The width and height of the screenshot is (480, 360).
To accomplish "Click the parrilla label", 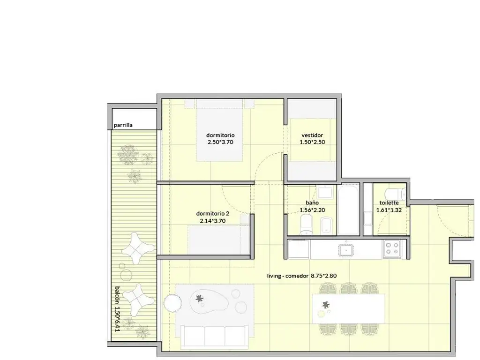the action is [x=123, y=125].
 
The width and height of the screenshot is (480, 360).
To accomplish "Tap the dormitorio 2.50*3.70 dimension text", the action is [x=220, y=142].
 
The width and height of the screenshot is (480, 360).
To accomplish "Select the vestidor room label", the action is [x=312, y=135].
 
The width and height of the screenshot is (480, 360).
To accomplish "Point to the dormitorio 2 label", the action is [x=212, y=214].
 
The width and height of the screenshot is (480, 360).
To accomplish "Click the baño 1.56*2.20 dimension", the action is [x=312, y=210].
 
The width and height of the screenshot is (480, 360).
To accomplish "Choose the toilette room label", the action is [x=389, y=202].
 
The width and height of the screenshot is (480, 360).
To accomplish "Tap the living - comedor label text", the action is [x=288, y=276].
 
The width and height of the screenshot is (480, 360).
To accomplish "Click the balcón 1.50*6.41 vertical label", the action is [x=117, y=308].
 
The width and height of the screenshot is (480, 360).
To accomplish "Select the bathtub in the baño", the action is [x=349, y=210].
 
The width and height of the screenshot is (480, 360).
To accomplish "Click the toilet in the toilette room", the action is [x=396, y=194].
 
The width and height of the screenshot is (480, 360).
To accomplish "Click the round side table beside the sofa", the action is [x=172, y=303].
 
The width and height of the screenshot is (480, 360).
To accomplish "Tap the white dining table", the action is [x=348, y=308].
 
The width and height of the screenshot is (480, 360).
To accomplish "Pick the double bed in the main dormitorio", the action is [x=219, y=130].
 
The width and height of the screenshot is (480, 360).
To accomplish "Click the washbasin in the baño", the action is [x=325, y=192].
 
